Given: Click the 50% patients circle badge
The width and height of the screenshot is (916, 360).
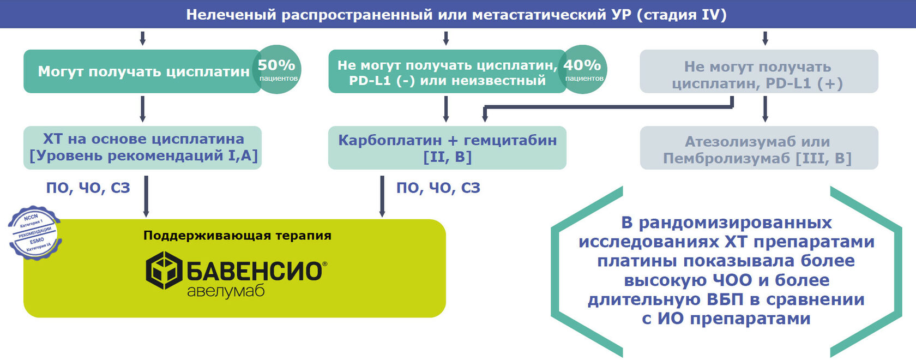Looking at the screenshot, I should point(278,69).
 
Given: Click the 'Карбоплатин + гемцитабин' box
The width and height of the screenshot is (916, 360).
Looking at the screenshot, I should point(447,148).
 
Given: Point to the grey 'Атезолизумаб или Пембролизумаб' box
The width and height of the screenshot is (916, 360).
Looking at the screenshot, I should point(758,149).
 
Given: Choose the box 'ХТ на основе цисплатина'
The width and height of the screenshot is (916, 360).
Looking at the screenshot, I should point(143,147).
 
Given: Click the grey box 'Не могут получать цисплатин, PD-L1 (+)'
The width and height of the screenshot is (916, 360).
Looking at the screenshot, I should point(758,74).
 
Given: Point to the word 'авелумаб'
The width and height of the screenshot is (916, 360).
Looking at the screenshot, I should point(226,291).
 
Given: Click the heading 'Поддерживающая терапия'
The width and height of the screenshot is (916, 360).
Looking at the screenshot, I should point(237,236).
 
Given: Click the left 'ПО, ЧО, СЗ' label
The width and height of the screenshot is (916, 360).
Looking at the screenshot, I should point(88,188).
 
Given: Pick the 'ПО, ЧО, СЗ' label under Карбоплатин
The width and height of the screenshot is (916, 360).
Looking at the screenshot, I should point(438,188).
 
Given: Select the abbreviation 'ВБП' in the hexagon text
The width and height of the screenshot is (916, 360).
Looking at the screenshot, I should point(725,299).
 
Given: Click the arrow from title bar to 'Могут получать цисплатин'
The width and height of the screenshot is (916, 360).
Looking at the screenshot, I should point(142,38).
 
